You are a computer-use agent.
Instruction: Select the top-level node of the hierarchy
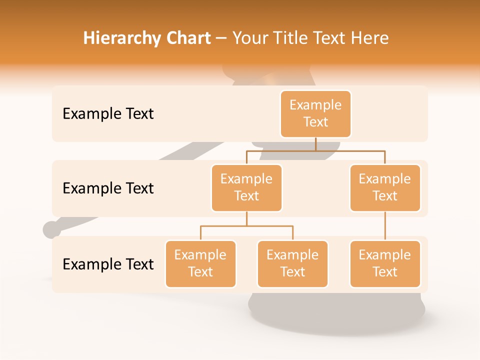coord(315,114)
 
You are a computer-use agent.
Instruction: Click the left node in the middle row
coord(246,188)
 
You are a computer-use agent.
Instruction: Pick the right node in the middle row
coord(385,188)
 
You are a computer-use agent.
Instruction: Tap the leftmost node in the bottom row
coord(200,264)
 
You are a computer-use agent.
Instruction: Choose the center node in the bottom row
coord(292,264)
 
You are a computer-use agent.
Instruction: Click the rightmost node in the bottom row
coord(385,264)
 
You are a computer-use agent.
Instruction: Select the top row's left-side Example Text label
coord(108,114)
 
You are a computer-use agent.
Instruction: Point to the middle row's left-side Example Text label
coord(108,188)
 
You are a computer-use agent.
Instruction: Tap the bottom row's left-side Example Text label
coord(108,264)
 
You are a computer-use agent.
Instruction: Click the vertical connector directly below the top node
coord(315,144)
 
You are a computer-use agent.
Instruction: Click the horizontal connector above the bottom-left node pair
coord(246,226)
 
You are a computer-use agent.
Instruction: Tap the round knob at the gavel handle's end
coord(51,229)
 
